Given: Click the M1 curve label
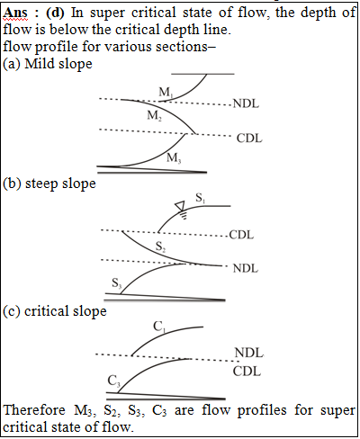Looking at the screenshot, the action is tap(166, 92).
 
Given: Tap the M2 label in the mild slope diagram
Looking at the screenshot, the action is tap(155, 115).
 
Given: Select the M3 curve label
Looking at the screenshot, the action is tap(174, 157).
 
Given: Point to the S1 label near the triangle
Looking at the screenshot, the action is tap(200, 198).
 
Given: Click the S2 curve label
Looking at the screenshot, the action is tap(160, 246).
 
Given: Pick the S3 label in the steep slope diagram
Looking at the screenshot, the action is tap(116, 282).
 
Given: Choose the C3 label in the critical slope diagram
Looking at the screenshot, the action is tap(114, 381).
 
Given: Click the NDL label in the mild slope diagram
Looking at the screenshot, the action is tap(246, 103).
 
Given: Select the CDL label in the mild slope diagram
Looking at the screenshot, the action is tap(249, 139).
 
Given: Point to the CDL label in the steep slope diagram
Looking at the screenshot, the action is tap(241, 235).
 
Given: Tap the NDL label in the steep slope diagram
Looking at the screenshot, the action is tap(246, 268).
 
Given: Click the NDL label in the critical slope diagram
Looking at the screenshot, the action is tap(248, 353).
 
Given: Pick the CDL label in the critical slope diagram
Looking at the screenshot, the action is tap(247, 372).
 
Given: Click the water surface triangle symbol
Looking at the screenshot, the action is tap(180, 206).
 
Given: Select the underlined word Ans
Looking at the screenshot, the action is tap(15, 13).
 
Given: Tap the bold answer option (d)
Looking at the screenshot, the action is tap(55, 13).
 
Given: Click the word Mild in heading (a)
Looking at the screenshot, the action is tap(38, 64).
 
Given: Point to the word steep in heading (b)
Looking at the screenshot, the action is tap(41, 184).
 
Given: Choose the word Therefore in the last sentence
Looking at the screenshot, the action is tap(34, 410).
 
